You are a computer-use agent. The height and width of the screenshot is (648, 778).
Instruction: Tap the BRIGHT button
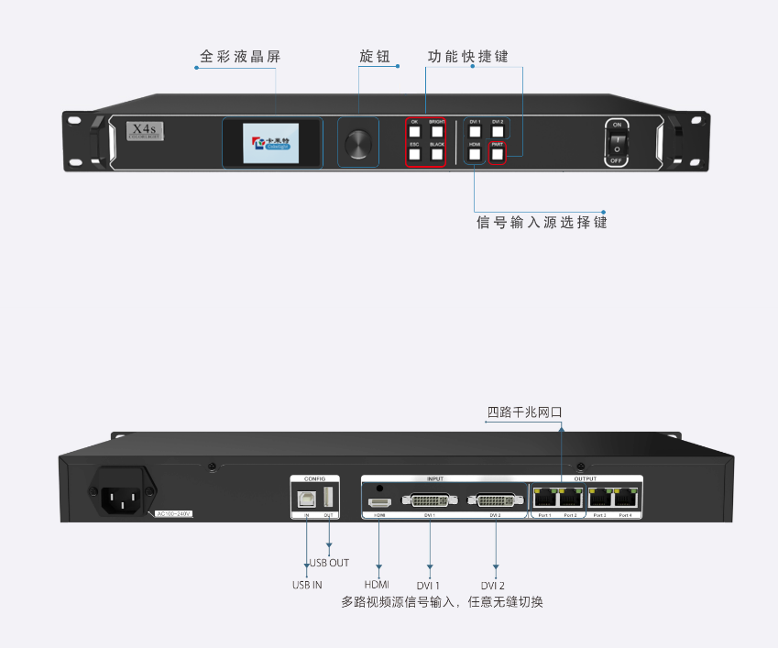(436, 132)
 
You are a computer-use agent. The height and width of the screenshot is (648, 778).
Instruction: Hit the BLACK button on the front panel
(436, 155)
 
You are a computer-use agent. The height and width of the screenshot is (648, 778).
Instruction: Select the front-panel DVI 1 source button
(474, 132)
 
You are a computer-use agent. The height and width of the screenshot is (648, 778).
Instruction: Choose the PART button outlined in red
(497, 155)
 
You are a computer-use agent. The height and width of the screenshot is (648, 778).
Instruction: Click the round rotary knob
(358, 142)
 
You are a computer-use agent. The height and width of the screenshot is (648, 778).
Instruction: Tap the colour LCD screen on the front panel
(272, 143)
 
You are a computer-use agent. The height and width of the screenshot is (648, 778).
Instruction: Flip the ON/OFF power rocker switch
(617, 142)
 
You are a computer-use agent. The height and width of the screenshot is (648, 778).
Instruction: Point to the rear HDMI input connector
(379, 502)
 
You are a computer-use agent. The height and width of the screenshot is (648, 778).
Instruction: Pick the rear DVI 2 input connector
(495, 500)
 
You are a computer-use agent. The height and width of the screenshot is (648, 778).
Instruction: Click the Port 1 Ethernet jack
(544, 499)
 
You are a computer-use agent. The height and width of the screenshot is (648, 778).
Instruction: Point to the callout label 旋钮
(374, 57)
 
